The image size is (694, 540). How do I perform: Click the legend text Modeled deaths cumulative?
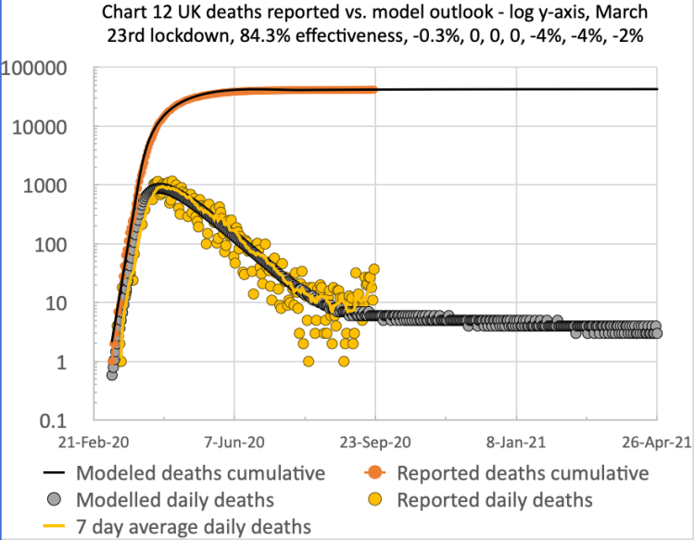point(200,473)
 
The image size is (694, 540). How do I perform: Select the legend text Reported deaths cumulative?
point(523,473)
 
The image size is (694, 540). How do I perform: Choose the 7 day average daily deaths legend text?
point(194,527)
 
